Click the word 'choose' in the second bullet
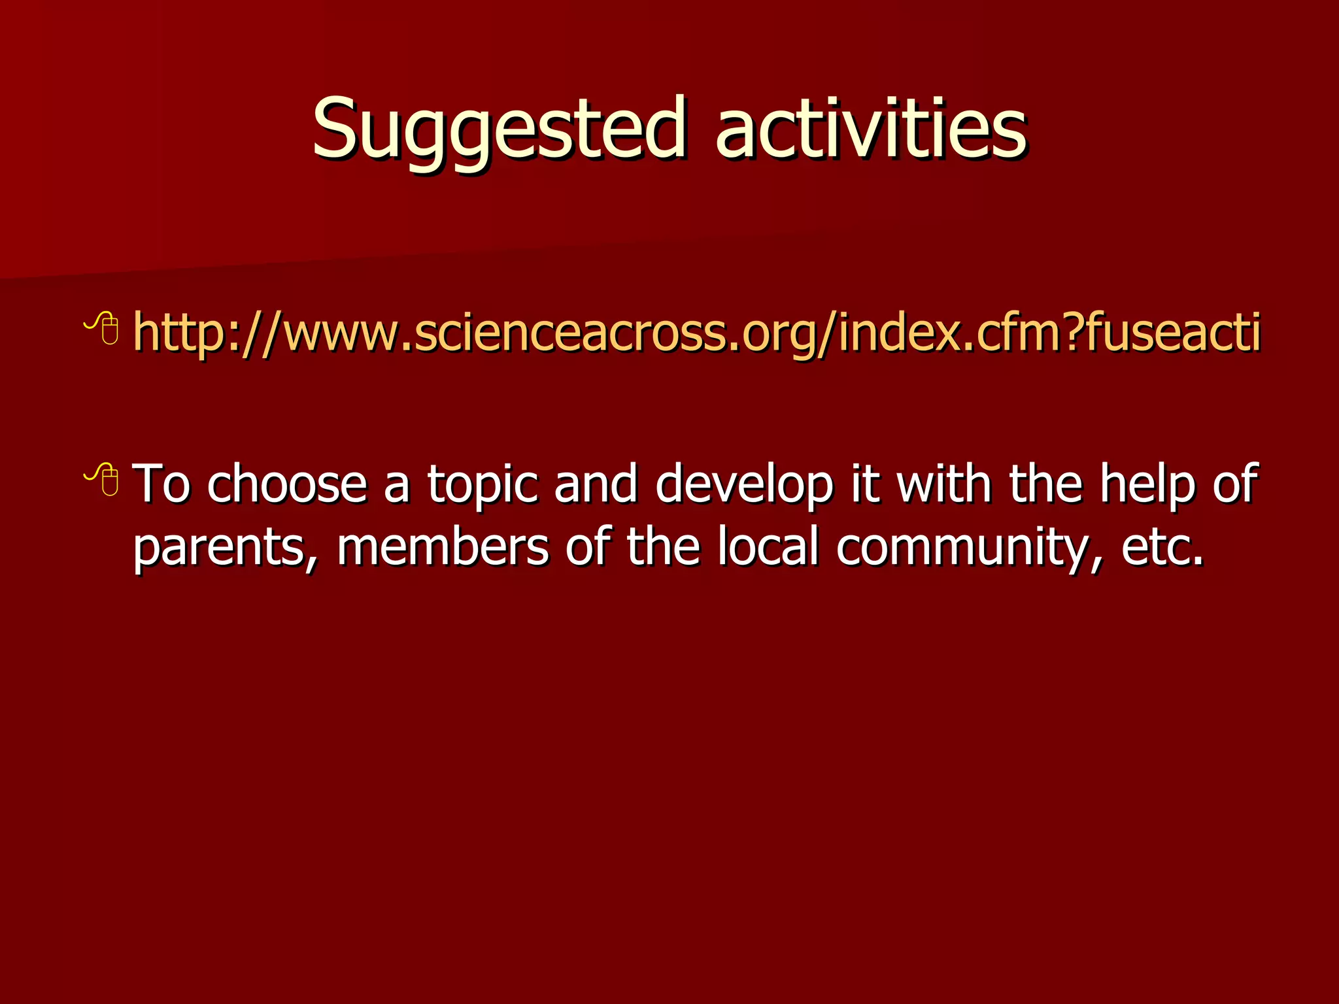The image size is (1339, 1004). point(287,484)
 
